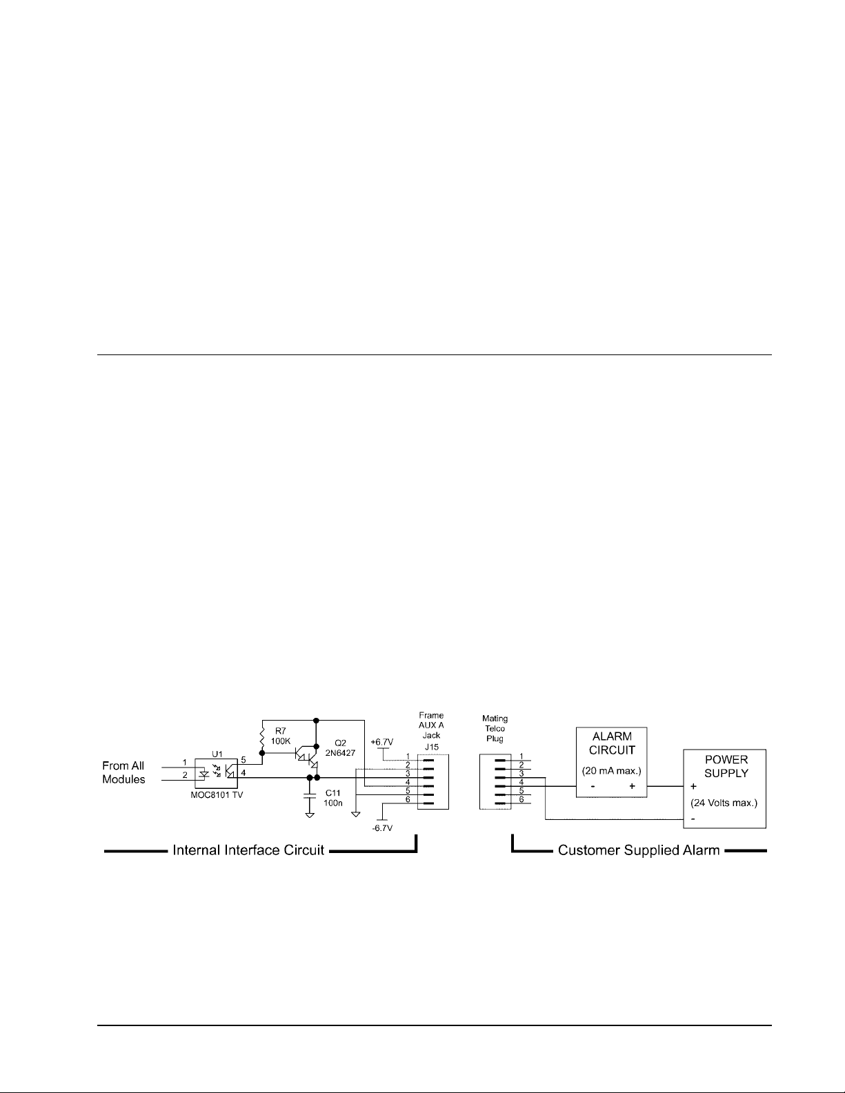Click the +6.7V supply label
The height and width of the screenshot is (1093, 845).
(381, 741)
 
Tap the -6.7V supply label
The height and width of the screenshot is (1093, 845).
(381, 828)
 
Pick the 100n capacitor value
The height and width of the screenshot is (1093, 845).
(333, 803)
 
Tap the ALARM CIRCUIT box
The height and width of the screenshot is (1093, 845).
(612, 762)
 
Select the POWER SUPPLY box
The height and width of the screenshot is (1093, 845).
(725, 788)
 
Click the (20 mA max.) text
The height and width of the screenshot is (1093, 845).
(612, 771)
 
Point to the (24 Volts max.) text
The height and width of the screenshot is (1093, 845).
(724, 803)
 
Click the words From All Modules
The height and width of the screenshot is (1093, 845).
(124, 772)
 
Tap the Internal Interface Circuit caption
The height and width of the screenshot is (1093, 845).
(248, 850)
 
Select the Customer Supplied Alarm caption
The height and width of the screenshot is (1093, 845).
(639, 850)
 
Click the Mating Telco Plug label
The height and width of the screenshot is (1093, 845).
(495, 728)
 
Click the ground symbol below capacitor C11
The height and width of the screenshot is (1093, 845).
(310, 815)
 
